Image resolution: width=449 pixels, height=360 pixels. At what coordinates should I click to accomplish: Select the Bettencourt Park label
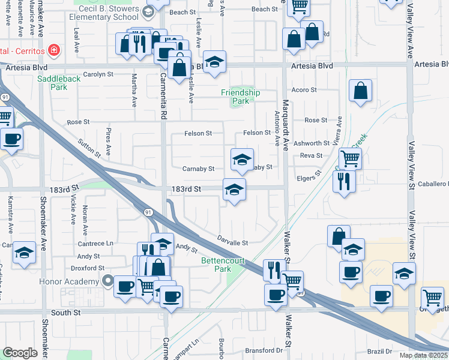[x=215, y=265]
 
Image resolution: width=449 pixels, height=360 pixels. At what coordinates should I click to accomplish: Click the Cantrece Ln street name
[x=95, y=244]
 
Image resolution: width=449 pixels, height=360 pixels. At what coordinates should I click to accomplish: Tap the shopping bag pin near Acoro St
[x=361, y=91]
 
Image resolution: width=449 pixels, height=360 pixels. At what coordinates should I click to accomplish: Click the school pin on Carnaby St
[x=241, y=160]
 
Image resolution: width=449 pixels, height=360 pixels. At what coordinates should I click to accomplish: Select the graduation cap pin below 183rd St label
[x=234, y=190]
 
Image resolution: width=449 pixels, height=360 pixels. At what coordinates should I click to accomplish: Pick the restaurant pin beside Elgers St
[x=344, y=181]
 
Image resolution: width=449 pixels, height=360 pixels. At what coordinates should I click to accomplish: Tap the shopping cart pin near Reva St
[x=351, y=158]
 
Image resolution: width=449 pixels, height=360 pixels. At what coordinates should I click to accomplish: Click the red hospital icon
[x=53, y=49]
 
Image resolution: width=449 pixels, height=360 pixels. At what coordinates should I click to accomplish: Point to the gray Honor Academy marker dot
[x=108, y=280]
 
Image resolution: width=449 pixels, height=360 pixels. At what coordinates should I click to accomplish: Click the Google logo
[x=20, y=353]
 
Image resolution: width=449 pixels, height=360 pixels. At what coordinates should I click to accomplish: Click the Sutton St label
[x=89, y=148]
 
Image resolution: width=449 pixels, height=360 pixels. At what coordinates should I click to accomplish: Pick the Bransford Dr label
[x=264, y=350]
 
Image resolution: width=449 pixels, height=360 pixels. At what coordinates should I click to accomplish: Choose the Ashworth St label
[x=315, y=143]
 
